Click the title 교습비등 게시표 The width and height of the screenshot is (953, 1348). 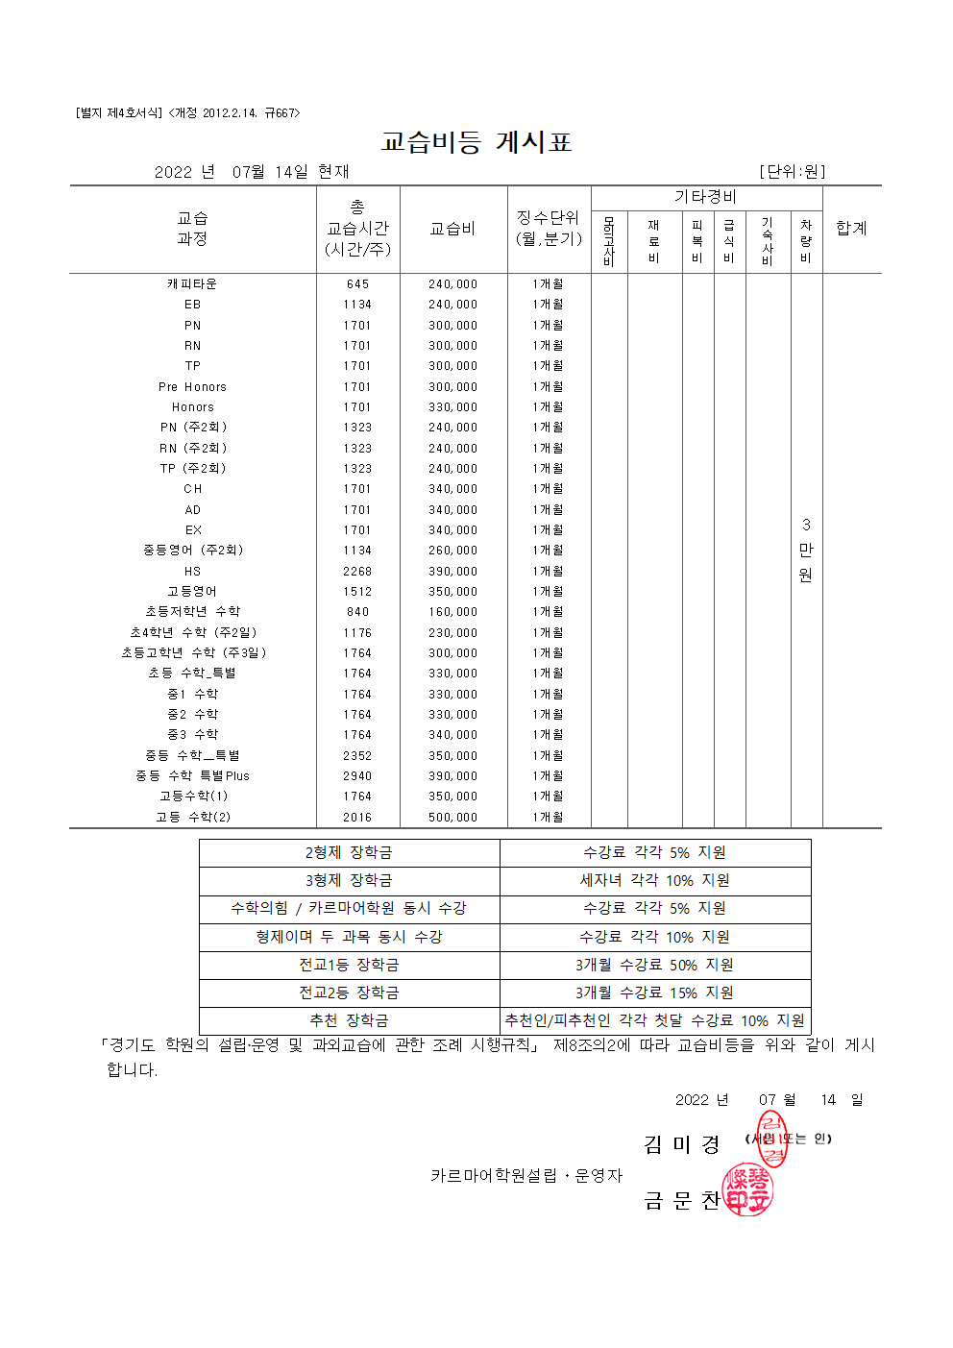476,142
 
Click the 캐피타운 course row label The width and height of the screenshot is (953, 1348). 192,284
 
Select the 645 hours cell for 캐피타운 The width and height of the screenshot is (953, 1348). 357,284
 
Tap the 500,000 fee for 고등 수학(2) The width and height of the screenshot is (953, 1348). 452,818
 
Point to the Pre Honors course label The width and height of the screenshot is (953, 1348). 192,387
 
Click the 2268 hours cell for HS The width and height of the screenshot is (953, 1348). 357,572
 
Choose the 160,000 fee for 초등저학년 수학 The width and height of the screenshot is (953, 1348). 452,612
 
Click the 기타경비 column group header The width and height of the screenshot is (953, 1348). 706,197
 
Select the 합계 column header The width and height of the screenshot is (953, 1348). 851,229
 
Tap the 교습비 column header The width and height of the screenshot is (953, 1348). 452,229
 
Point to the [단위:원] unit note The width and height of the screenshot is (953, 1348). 792,172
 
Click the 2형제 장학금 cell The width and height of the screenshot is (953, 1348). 349,853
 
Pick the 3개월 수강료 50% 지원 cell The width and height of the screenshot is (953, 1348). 654,965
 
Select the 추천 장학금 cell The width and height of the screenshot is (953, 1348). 349,1020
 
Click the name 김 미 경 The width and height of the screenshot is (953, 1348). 681,1144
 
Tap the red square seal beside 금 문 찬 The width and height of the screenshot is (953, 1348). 747,1189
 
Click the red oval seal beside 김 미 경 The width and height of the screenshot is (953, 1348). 771,1139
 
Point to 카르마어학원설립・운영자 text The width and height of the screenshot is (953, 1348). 526,1176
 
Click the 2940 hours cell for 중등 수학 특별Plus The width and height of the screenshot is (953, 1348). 357,776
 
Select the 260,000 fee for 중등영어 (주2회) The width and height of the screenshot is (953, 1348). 452,551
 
